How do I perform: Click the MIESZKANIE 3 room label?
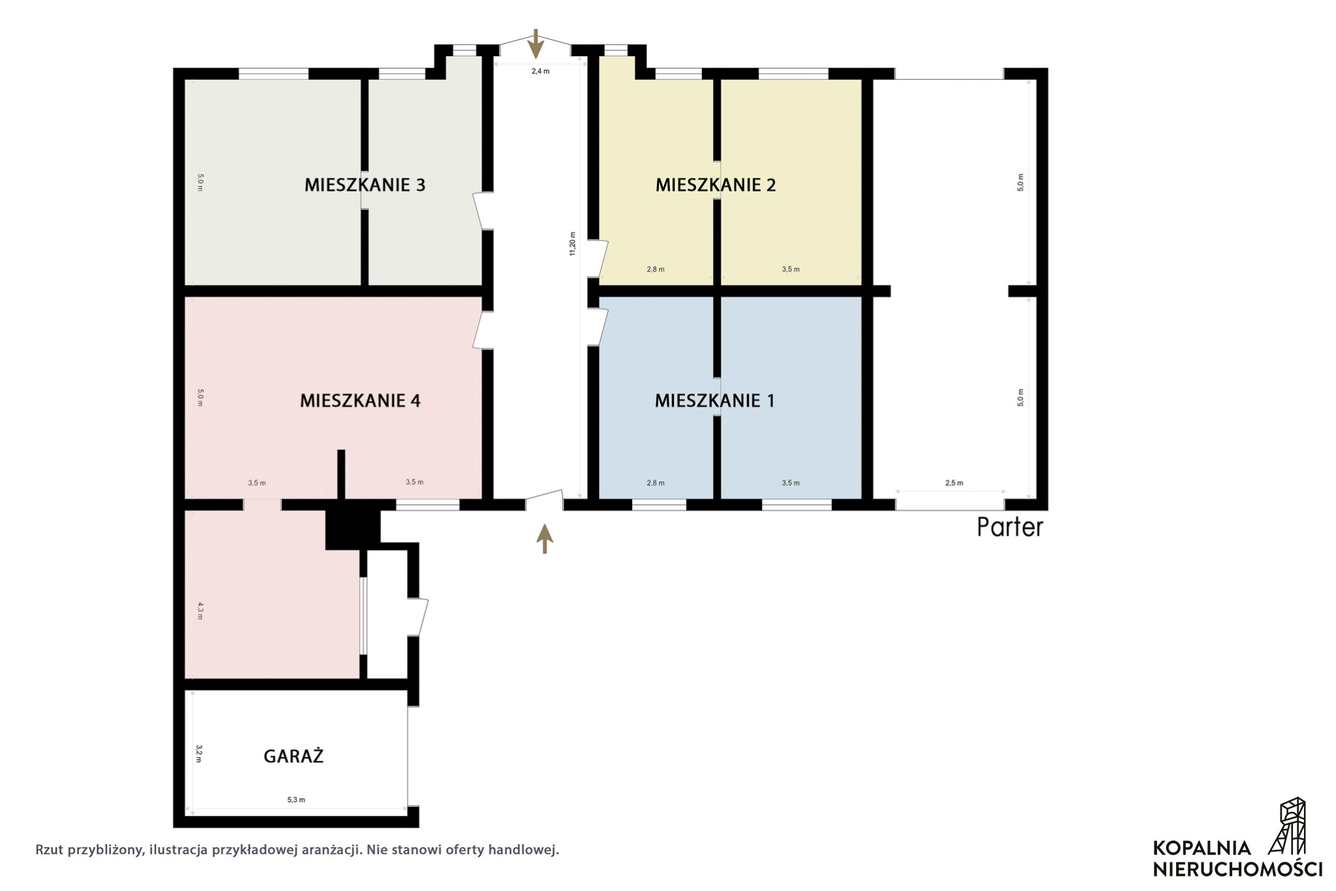click(x=364, y=185)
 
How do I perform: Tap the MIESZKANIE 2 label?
click(x=716, y=185)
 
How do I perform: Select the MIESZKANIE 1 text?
click(x=715, y=400)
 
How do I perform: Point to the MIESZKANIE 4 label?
click(x=360, y=400)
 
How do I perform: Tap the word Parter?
click(x=1010, y=527)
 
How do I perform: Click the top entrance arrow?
click(x=535, y=44)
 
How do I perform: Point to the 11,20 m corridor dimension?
click(x=573, y=244)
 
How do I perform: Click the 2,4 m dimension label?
click(x=540, y=71)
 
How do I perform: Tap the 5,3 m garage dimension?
click(x=296, y=800)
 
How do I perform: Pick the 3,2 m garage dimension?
click(x=199, y=753)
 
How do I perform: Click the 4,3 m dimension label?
click(x=200, y=611)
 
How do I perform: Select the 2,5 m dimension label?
click(x=954, y=483)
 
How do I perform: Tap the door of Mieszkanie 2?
click(x=598, y=258)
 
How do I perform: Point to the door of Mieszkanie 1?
click(x=598, y=327)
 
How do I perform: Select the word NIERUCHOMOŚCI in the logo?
click(x=1237, y=869)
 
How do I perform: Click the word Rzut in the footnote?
click(x=49, y=850)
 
